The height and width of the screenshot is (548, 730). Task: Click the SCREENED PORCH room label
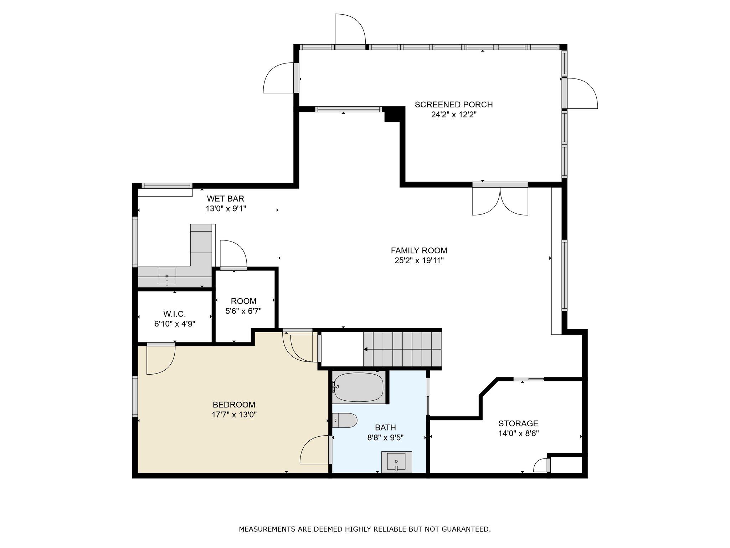tap(453, 105)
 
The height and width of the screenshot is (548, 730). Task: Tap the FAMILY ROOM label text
tap(419, 250)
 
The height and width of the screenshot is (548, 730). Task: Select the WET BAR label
tap(226, 198)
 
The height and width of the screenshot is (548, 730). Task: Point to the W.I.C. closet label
tap(175, 314)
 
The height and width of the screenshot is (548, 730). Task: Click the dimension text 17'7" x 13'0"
tap(234, 415)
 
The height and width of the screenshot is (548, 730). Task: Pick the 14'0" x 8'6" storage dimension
tap(518, 433)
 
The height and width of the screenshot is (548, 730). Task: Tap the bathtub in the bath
tap(359, 387)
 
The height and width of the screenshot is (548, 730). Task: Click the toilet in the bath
tap(345, 420)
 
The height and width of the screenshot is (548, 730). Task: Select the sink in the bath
tap(396, 462)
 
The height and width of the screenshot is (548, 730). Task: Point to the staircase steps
tap(402, 349)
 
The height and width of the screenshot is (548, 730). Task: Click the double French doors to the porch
tap(500, 200)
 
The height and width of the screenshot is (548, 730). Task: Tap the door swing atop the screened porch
tap(350, 30)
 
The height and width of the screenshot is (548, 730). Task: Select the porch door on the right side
tap(581, 93)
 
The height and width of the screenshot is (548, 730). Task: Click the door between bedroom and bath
tap(315, 450)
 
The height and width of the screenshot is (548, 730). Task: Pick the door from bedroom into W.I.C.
tap(161, 359)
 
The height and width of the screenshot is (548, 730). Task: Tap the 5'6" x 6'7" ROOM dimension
tap(243, 311)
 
